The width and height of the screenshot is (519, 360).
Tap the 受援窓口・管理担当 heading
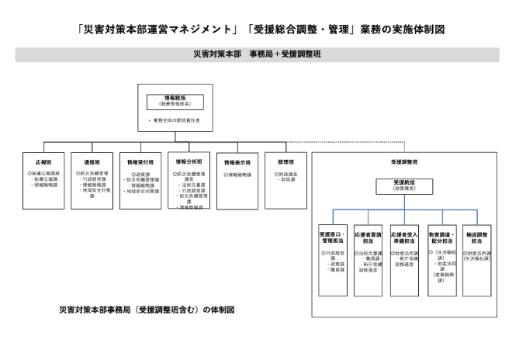click(x=332, y=237)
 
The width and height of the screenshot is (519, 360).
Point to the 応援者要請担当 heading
click(x=368, y=237)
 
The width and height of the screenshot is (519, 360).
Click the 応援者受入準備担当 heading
click(x=404, y=237)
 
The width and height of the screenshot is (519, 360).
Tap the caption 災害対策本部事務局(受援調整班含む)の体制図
click(x=147, y=309)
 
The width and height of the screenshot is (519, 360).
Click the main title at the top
click(x=259, y=30)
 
